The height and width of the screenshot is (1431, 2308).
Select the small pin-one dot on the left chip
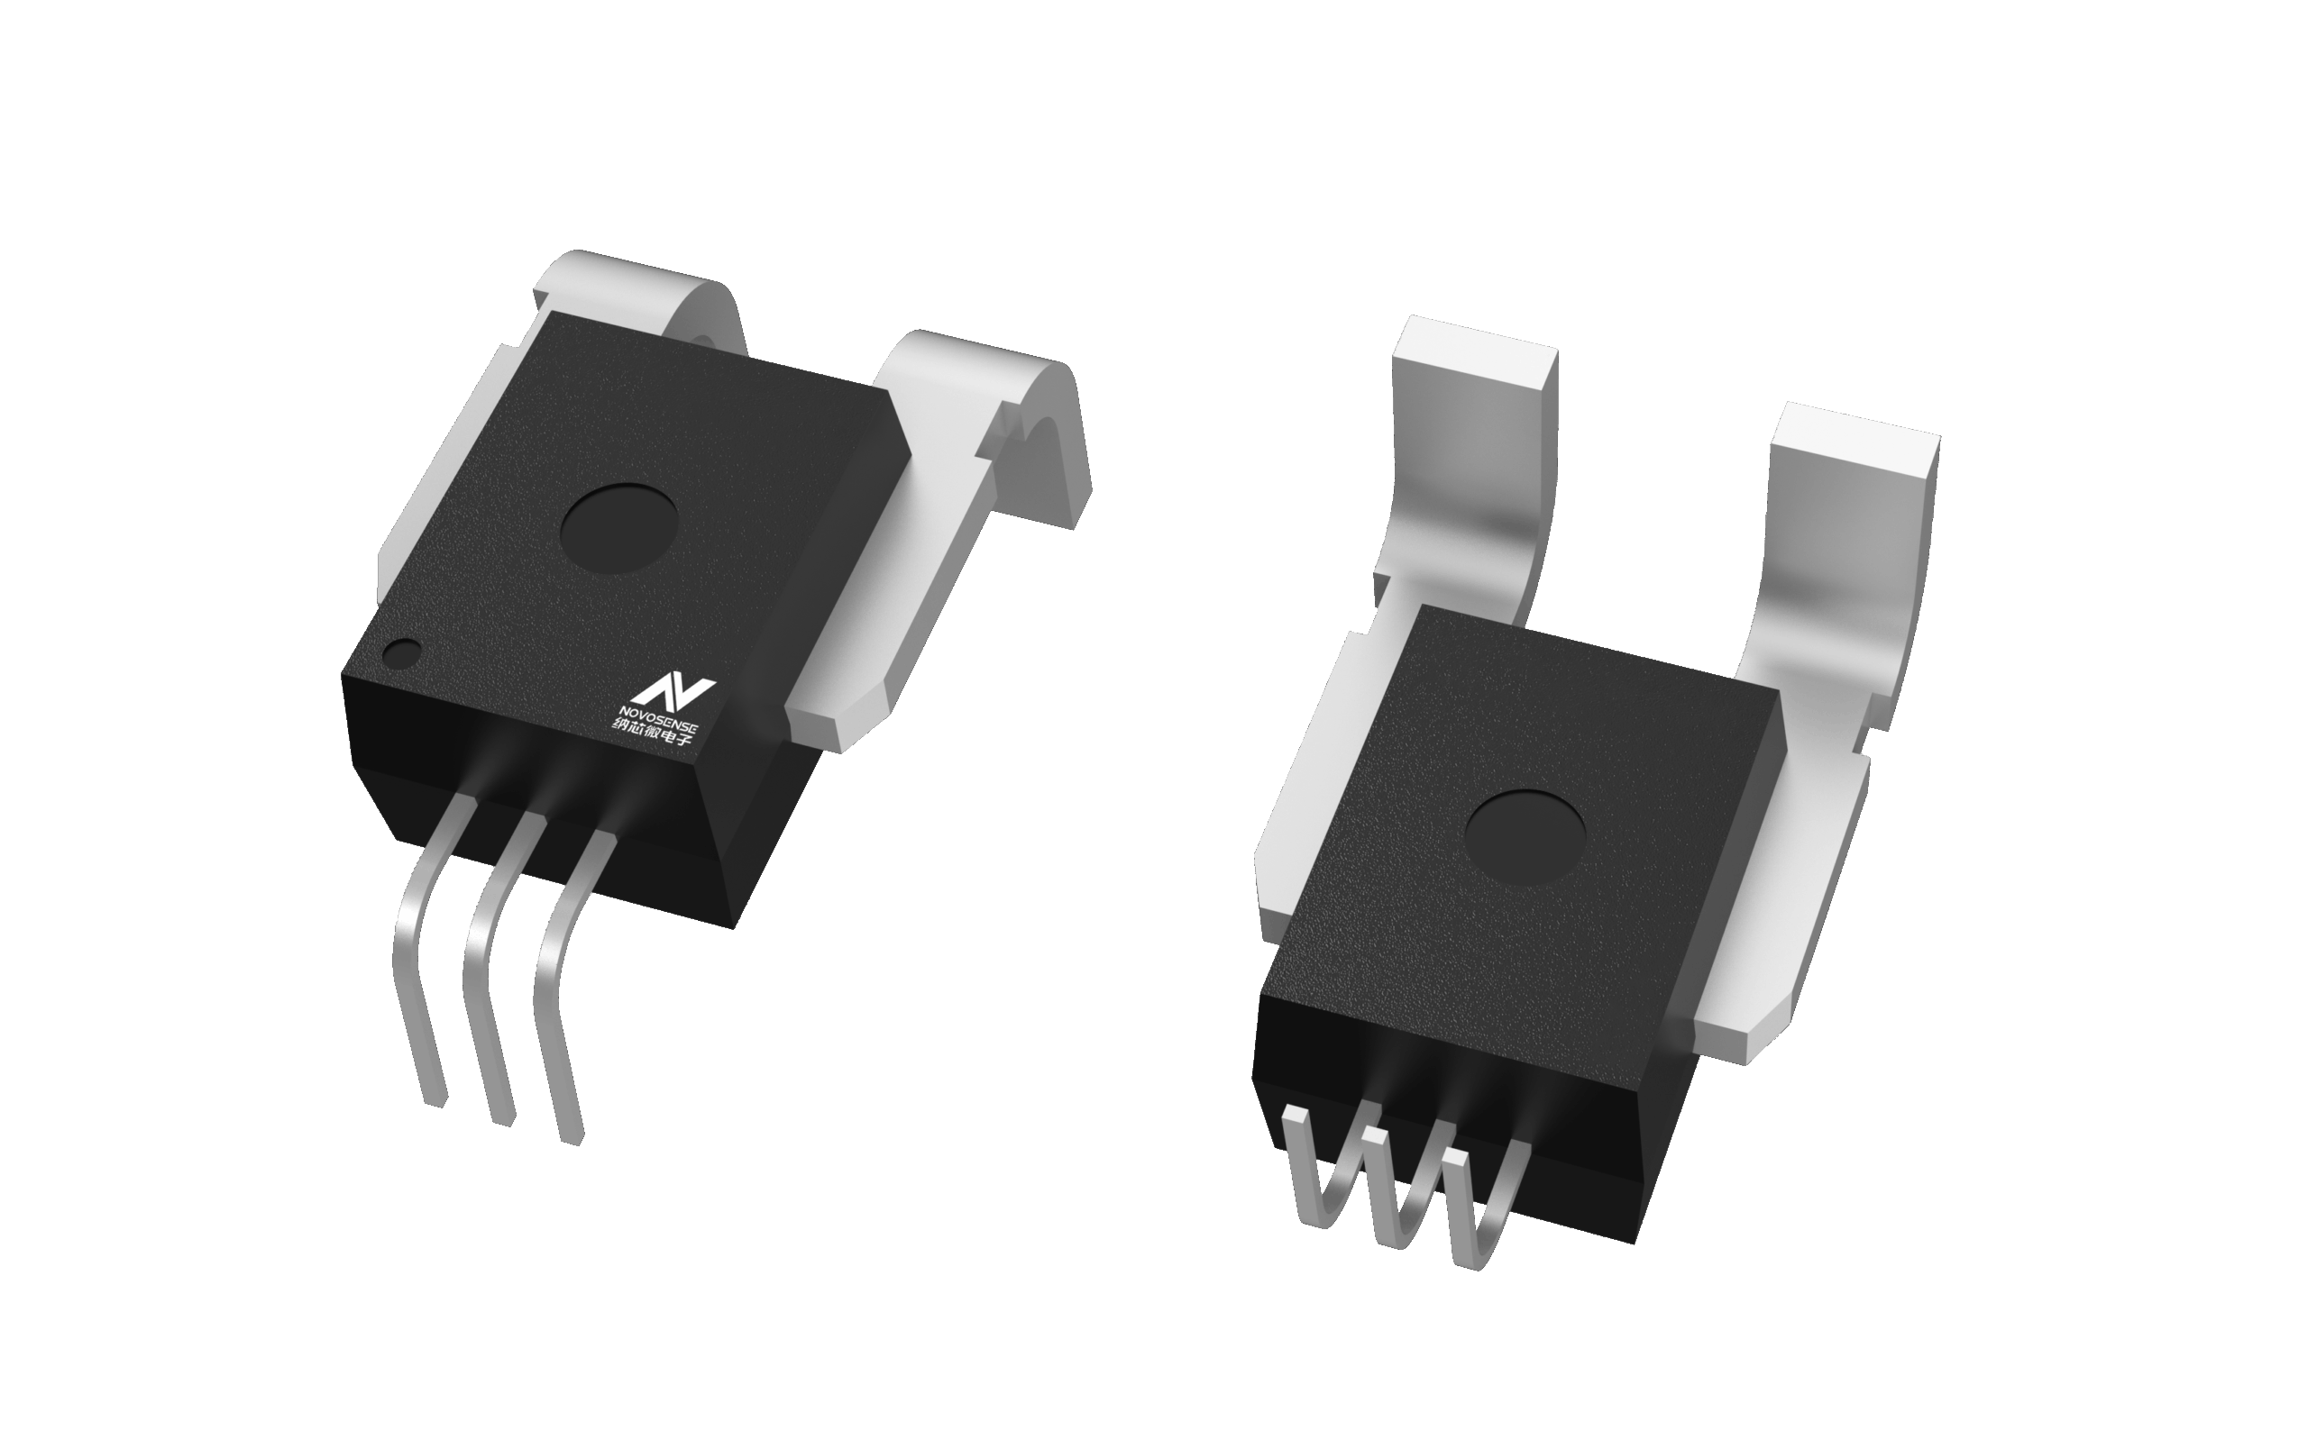(403, 652)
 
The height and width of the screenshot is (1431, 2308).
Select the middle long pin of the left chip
(488, 984)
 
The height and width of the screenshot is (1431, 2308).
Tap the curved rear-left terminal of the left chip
(644, 294)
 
